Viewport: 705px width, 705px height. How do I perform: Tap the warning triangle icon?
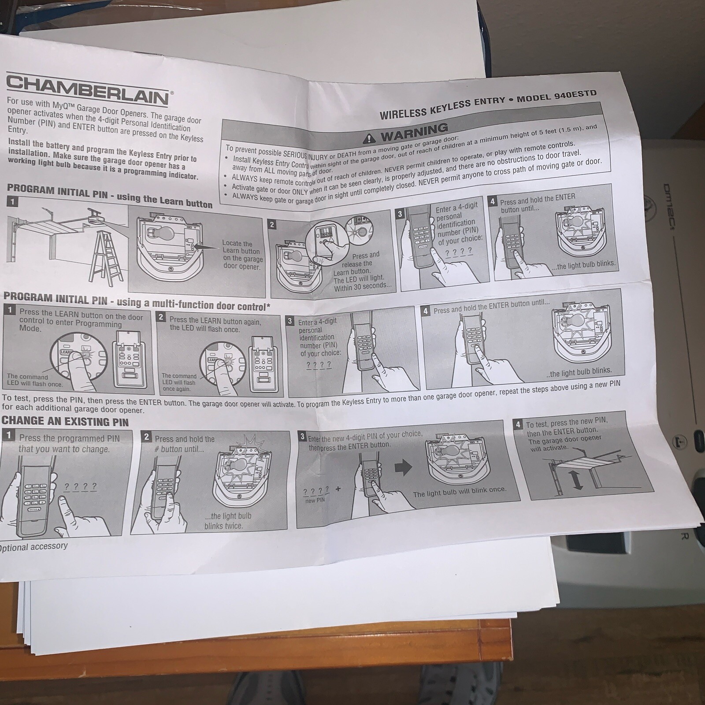pyautogui.click(x=369, y=139)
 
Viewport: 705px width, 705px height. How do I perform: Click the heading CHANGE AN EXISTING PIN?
pyautogui.click(x=65, y=421)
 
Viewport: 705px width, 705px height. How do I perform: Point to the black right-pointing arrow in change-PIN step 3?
pyautogui.click(x=404, y=467)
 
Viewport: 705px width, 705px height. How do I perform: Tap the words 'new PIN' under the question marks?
pyautogui.click(x=315, y=500)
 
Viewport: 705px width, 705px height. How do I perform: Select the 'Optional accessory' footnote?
pyautogui.click(x=33, y=547)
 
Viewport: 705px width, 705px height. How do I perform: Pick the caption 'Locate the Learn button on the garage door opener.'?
pyautogui.click(x=242, y=255)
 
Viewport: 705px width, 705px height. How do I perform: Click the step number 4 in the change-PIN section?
pyautogui.click(x=518, y=425)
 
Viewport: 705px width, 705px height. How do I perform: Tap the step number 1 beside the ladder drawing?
pyautogui.click(x=13, y=202)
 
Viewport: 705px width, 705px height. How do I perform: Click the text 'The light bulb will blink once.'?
pyautogui.click(x=460, y=491)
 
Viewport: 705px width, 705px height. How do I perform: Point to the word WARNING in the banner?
pyautogui.click(x=414, y=132)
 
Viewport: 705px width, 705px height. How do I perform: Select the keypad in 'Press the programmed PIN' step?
pyautogui.click(x=33, y=498)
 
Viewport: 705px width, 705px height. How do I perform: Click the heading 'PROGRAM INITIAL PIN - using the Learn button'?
pyautogui.click(x=110, y=196)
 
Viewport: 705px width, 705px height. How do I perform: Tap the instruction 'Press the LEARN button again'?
pyautogui.click(x=215, y=321)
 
